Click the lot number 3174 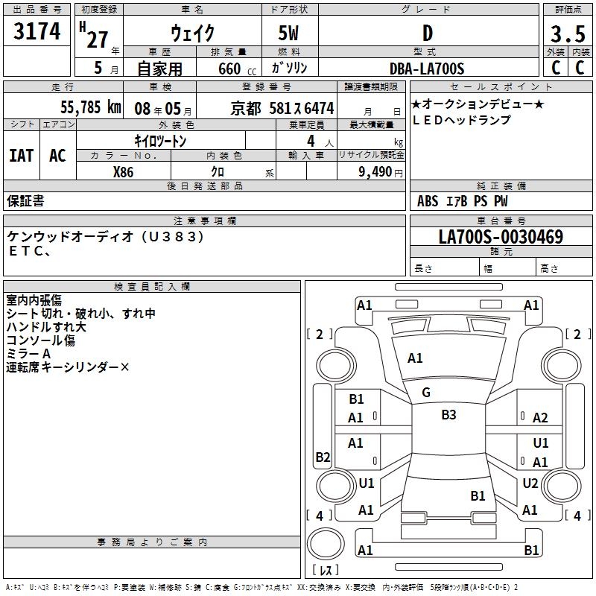[37, 33]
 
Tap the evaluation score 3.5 [567, 34]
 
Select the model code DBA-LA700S [427, 69]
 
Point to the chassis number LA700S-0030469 [501, 238]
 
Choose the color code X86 [123, 171]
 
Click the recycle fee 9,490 [375, 171]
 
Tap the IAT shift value [21, 155]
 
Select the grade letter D [427, 34]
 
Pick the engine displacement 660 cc [225, 69]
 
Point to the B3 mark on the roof [448, 415]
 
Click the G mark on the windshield [426, 393]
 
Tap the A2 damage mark [540, 418]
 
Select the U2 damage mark [530, 484]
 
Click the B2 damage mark [323, 457]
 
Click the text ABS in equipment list [428, 200]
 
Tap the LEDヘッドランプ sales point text [461, 120]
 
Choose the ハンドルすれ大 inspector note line [46, 327]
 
